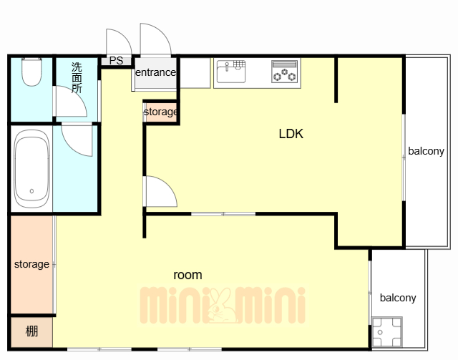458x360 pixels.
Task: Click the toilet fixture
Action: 31,72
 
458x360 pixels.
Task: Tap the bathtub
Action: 31,169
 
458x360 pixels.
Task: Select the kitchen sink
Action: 231,72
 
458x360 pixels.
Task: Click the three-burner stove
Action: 285,72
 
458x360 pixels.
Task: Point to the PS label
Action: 116,61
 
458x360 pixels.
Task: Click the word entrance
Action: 155,72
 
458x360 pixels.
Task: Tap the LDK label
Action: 291,134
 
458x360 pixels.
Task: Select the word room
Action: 187,275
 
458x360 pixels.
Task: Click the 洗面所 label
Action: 77,77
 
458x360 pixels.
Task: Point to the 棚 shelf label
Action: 31,331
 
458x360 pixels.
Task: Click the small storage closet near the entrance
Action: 160,112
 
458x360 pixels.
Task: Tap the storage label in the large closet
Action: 31,264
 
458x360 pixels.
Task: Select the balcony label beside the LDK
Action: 427,151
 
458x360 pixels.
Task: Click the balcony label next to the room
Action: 398,298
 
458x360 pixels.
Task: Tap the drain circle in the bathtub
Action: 31,191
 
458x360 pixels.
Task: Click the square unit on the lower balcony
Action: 387,332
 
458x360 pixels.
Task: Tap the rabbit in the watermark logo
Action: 220,306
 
